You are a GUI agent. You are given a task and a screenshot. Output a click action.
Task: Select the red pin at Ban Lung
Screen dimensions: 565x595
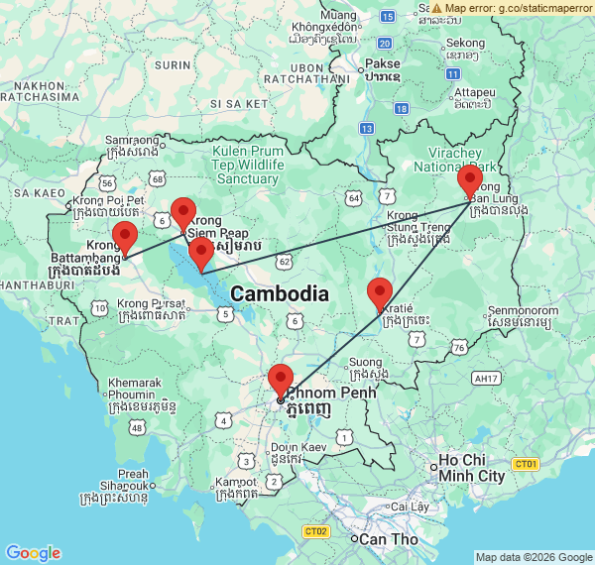point(470,181)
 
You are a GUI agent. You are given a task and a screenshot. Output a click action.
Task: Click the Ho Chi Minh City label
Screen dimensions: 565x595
point(472,468)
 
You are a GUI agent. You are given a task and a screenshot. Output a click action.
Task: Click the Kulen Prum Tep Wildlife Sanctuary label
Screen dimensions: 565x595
point(247,165)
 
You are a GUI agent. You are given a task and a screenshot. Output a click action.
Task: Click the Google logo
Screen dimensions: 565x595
point(33,552)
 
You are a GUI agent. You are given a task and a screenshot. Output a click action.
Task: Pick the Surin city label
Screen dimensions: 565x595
point(173,64)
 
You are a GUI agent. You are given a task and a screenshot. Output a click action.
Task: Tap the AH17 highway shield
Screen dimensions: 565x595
point(486,378)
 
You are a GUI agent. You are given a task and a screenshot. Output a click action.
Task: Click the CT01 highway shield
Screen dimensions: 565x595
point(525,464)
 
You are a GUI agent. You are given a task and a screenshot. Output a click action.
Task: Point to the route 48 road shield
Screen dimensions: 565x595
point(137,426)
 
